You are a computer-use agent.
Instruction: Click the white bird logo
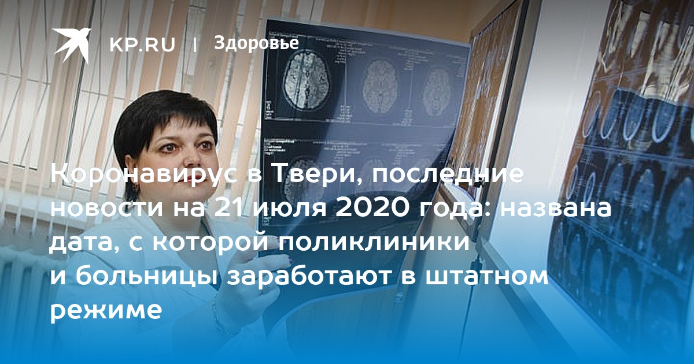coord(72,44)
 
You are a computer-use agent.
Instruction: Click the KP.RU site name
coord(142,44)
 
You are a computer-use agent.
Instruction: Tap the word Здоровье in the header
coord(257,43)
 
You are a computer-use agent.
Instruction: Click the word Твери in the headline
coord(315,174)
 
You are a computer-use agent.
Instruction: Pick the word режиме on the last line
coord(106,311)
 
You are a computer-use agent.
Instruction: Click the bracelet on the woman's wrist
coord(223,319)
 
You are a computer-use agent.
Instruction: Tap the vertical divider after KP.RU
coord(195,45)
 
